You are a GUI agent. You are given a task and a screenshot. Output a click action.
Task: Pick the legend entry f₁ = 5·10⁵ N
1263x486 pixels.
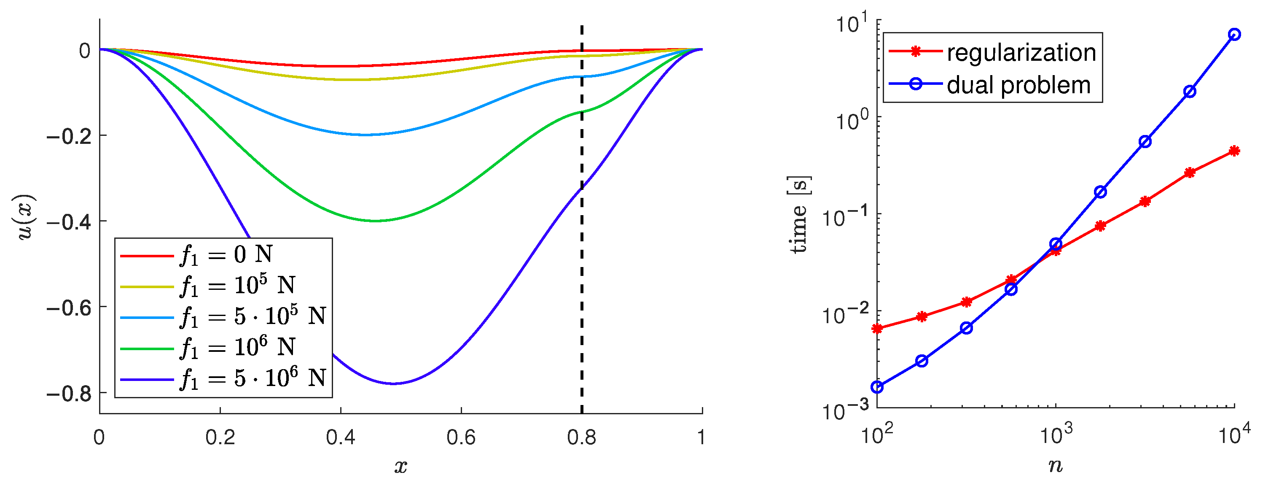pyautogui.click(x=253, y=316)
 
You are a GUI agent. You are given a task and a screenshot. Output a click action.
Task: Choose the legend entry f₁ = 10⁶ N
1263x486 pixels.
pyautogui.click(x=238, y=347)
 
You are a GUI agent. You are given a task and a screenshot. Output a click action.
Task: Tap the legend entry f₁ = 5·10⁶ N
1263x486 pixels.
pyautogui.click(x=253, y=378)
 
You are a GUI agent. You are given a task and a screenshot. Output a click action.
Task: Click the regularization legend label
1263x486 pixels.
pyautogui.click(x=1021, y=52)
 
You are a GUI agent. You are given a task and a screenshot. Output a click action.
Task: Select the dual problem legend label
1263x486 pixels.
pyautogui.click(x=1018, y=85)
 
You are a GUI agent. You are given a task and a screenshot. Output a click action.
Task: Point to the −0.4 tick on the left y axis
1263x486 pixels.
pyautogui.click(x=69, y=221)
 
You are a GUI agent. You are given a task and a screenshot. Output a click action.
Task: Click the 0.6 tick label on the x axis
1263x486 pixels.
pyautogui.click(x=461, y=437)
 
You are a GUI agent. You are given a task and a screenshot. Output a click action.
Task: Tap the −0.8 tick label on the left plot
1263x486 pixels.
pyautogui.click(x=69, y=393)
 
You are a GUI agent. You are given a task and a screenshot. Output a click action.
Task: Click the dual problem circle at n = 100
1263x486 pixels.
pyautogui.click(x=877, y=387)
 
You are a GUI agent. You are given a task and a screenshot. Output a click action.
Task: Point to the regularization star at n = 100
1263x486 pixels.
pyautogui.click(x=877, y=329)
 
